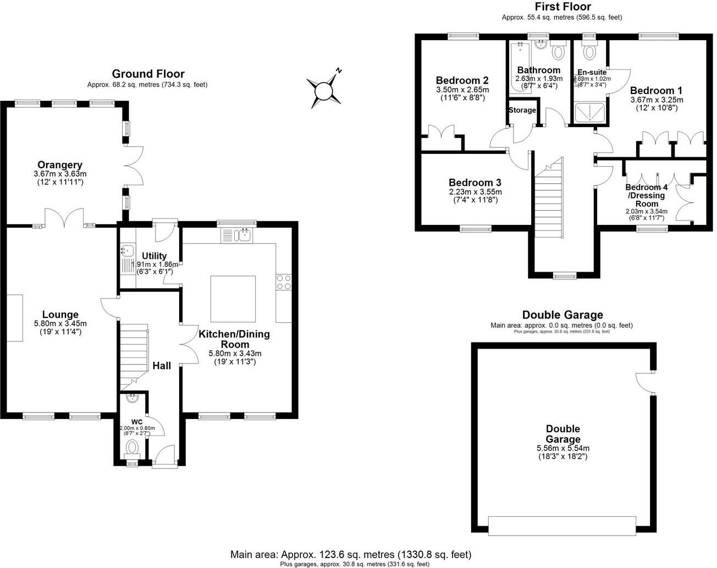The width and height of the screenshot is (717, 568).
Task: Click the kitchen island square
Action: tap(233, 299)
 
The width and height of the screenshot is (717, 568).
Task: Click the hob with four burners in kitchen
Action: tap(283, 282)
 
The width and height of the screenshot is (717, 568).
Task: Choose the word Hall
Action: tap(162, 366)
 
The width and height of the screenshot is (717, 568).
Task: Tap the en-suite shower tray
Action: tap(591, 113)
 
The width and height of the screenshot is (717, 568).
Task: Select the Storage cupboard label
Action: tap(522, 110)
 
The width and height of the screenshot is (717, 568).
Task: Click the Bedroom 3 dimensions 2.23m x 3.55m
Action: tap(475, 192)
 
